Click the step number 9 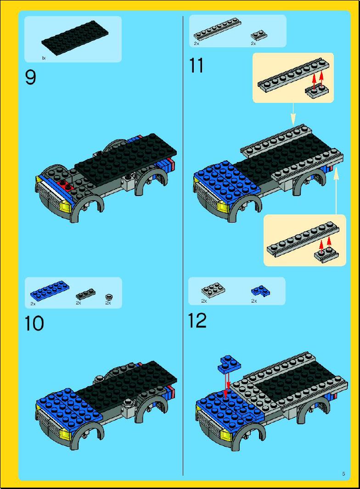[x=31, y=77]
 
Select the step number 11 [x=196, y=66]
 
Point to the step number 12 [x=197, y=320]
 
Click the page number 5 [x=343, y=474]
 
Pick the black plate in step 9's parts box [x=75, y=38]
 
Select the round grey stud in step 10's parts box [x=108, y=296]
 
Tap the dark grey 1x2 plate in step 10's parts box [x=86, y=294]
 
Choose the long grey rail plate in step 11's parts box [x=217, y=29]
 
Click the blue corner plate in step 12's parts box [x=260, y=291]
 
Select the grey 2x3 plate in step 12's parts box [x=213, y=290]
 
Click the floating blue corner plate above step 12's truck [x=230, y=364]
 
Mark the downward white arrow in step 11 [x=293, y=114]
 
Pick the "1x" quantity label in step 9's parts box [x=44, y=58]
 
